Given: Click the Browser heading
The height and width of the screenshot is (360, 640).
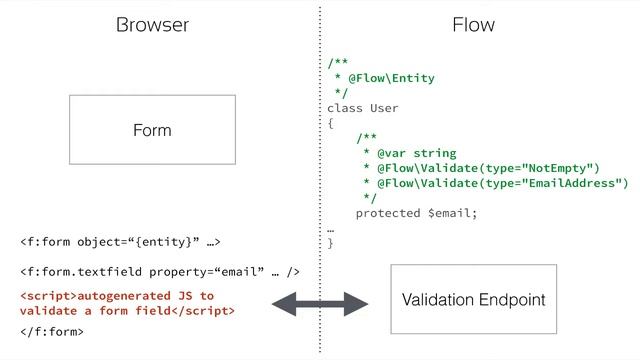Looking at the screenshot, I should pyautogui.click(x=152, y=25).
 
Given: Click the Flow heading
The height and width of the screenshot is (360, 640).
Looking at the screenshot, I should pyautogui.click(x=473, y=25).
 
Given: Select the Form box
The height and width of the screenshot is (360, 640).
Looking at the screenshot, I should pyautogui.click(x=152, y=130).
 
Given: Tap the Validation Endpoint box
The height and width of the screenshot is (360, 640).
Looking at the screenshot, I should pyautogui.click(x=473, y=300).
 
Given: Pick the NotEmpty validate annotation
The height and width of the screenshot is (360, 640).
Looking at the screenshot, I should pyautogui.click(x=481, y=168).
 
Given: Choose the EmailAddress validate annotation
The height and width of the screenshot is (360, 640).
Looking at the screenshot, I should pyautogui.click(x=495, y=183).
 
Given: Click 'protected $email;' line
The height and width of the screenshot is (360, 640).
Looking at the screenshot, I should pyautogui.click(x=417, y=213).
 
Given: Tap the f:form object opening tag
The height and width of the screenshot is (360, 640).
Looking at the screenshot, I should pyautogui.click(x=119, y=241).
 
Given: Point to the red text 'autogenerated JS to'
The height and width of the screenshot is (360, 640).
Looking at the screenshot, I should pyautogui.click(x=117, y=297).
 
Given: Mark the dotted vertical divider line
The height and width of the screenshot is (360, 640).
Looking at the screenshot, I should pyautogui.click(x=320, y=180).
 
